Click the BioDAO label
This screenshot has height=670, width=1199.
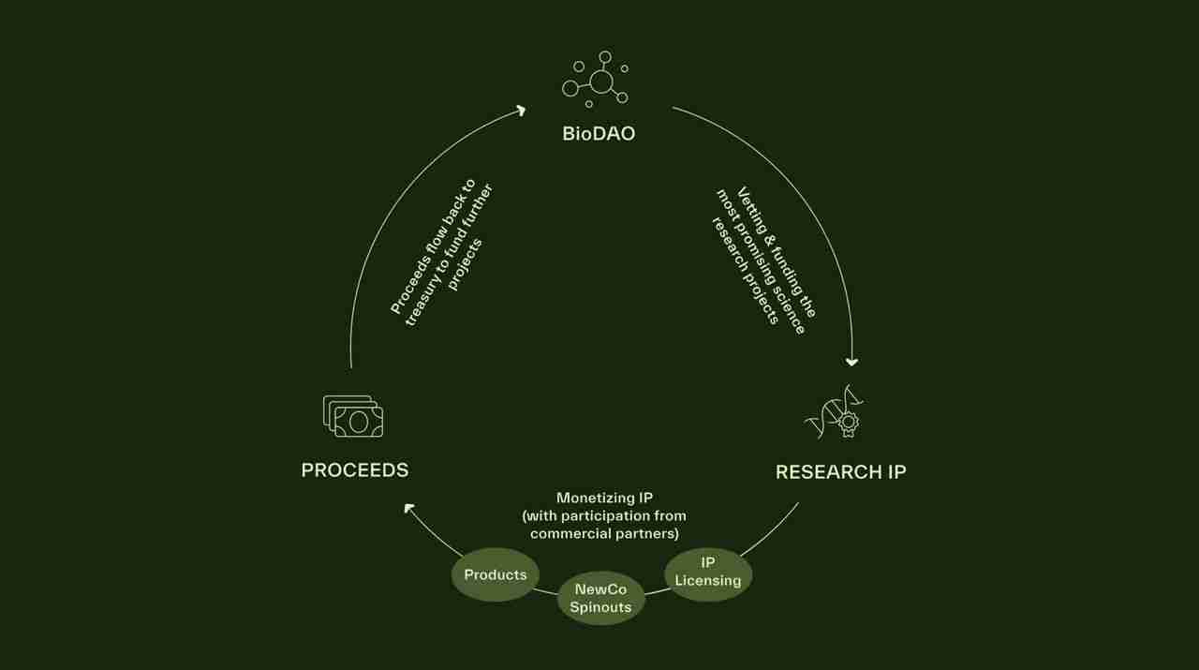click(x=599, y=133)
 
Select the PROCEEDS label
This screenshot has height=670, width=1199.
click(x=354, y=469)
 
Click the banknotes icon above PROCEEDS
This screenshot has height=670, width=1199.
click(x=353, y=416)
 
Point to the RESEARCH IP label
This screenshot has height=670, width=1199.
click(x=840, y=471)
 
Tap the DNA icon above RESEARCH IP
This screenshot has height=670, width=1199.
click(x=834, y=412)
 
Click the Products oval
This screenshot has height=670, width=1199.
click(x=496, y=574)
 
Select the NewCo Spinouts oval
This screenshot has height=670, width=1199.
click(x=600, y=598)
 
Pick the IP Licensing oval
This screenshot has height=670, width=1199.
click(x=708, y=573)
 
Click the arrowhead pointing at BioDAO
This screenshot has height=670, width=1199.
click(x=521, y=110)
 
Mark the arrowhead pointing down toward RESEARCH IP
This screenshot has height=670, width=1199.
click(x=851, y=362)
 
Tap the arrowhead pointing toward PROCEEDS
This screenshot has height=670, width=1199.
click(x=409, y=508)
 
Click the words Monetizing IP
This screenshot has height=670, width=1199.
click(x=604, y=498)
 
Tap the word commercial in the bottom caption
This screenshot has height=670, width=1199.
click(x=573, y=533)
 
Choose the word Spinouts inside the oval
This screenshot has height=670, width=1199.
click(x=600, y=606)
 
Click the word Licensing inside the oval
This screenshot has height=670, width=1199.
click(x=708, y=581)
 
